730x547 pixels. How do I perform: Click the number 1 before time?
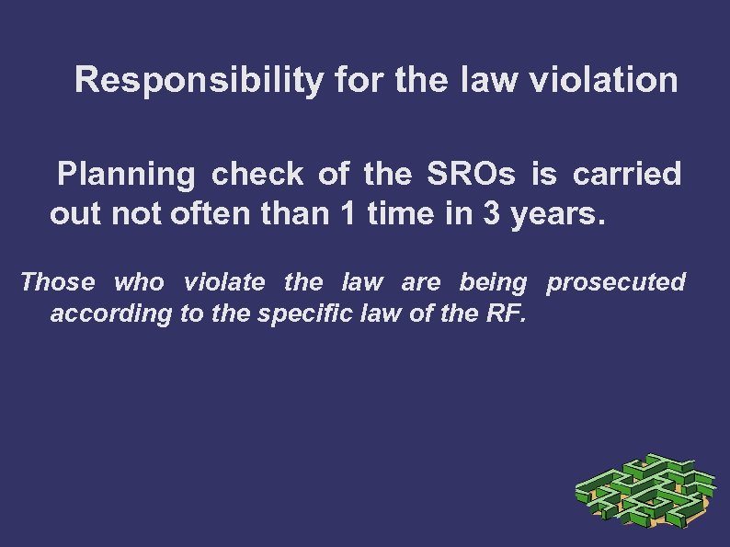(346, 214)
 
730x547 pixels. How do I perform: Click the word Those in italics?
(57, 281)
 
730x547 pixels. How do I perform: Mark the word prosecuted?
(616, 281)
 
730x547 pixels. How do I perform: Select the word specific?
(304, 314)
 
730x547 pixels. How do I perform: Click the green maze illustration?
(644, 493)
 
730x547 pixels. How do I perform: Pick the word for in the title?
(359, 81)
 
